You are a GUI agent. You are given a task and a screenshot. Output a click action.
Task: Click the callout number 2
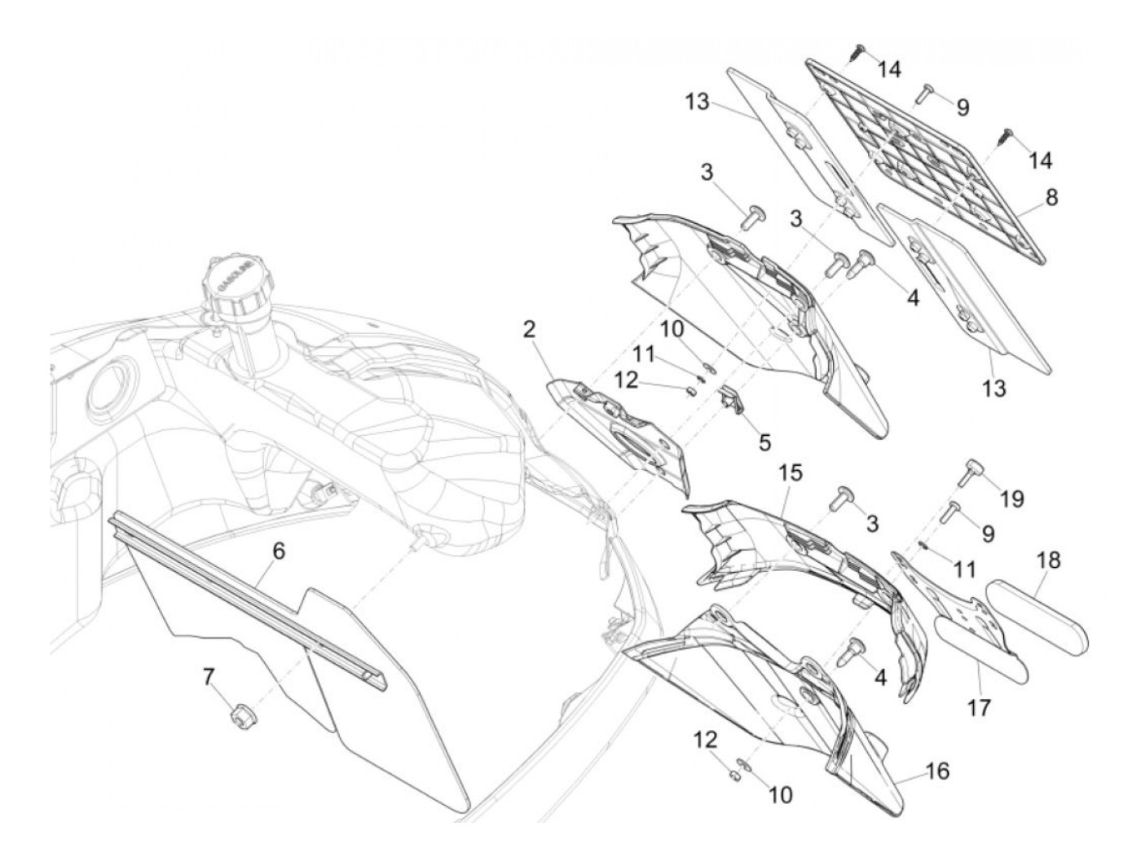(531, 329)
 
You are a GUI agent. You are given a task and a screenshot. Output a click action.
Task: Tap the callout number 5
(764, 442)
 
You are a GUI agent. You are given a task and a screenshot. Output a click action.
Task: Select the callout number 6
(279, 551)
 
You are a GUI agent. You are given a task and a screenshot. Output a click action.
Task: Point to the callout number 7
(209, 675)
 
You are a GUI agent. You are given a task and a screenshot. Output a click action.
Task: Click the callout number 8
(1052, 197)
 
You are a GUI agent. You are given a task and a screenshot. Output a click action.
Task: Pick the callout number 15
(790, 472)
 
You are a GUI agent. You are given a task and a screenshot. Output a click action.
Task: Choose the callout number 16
(937, 771)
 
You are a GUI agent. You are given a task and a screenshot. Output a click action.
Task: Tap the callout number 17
(979, 708)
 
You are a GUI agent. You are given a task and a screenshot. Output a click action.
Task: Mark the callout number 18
(1050, 560)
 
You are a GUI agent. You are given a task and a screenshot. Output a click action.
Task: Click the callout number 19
(1012, 498)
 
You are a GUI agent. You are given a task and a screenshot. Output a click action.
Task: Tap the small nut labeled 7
(240, 716)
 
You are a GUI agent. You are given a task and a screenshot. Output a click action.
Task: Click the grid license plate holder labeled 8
(929, 160)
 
